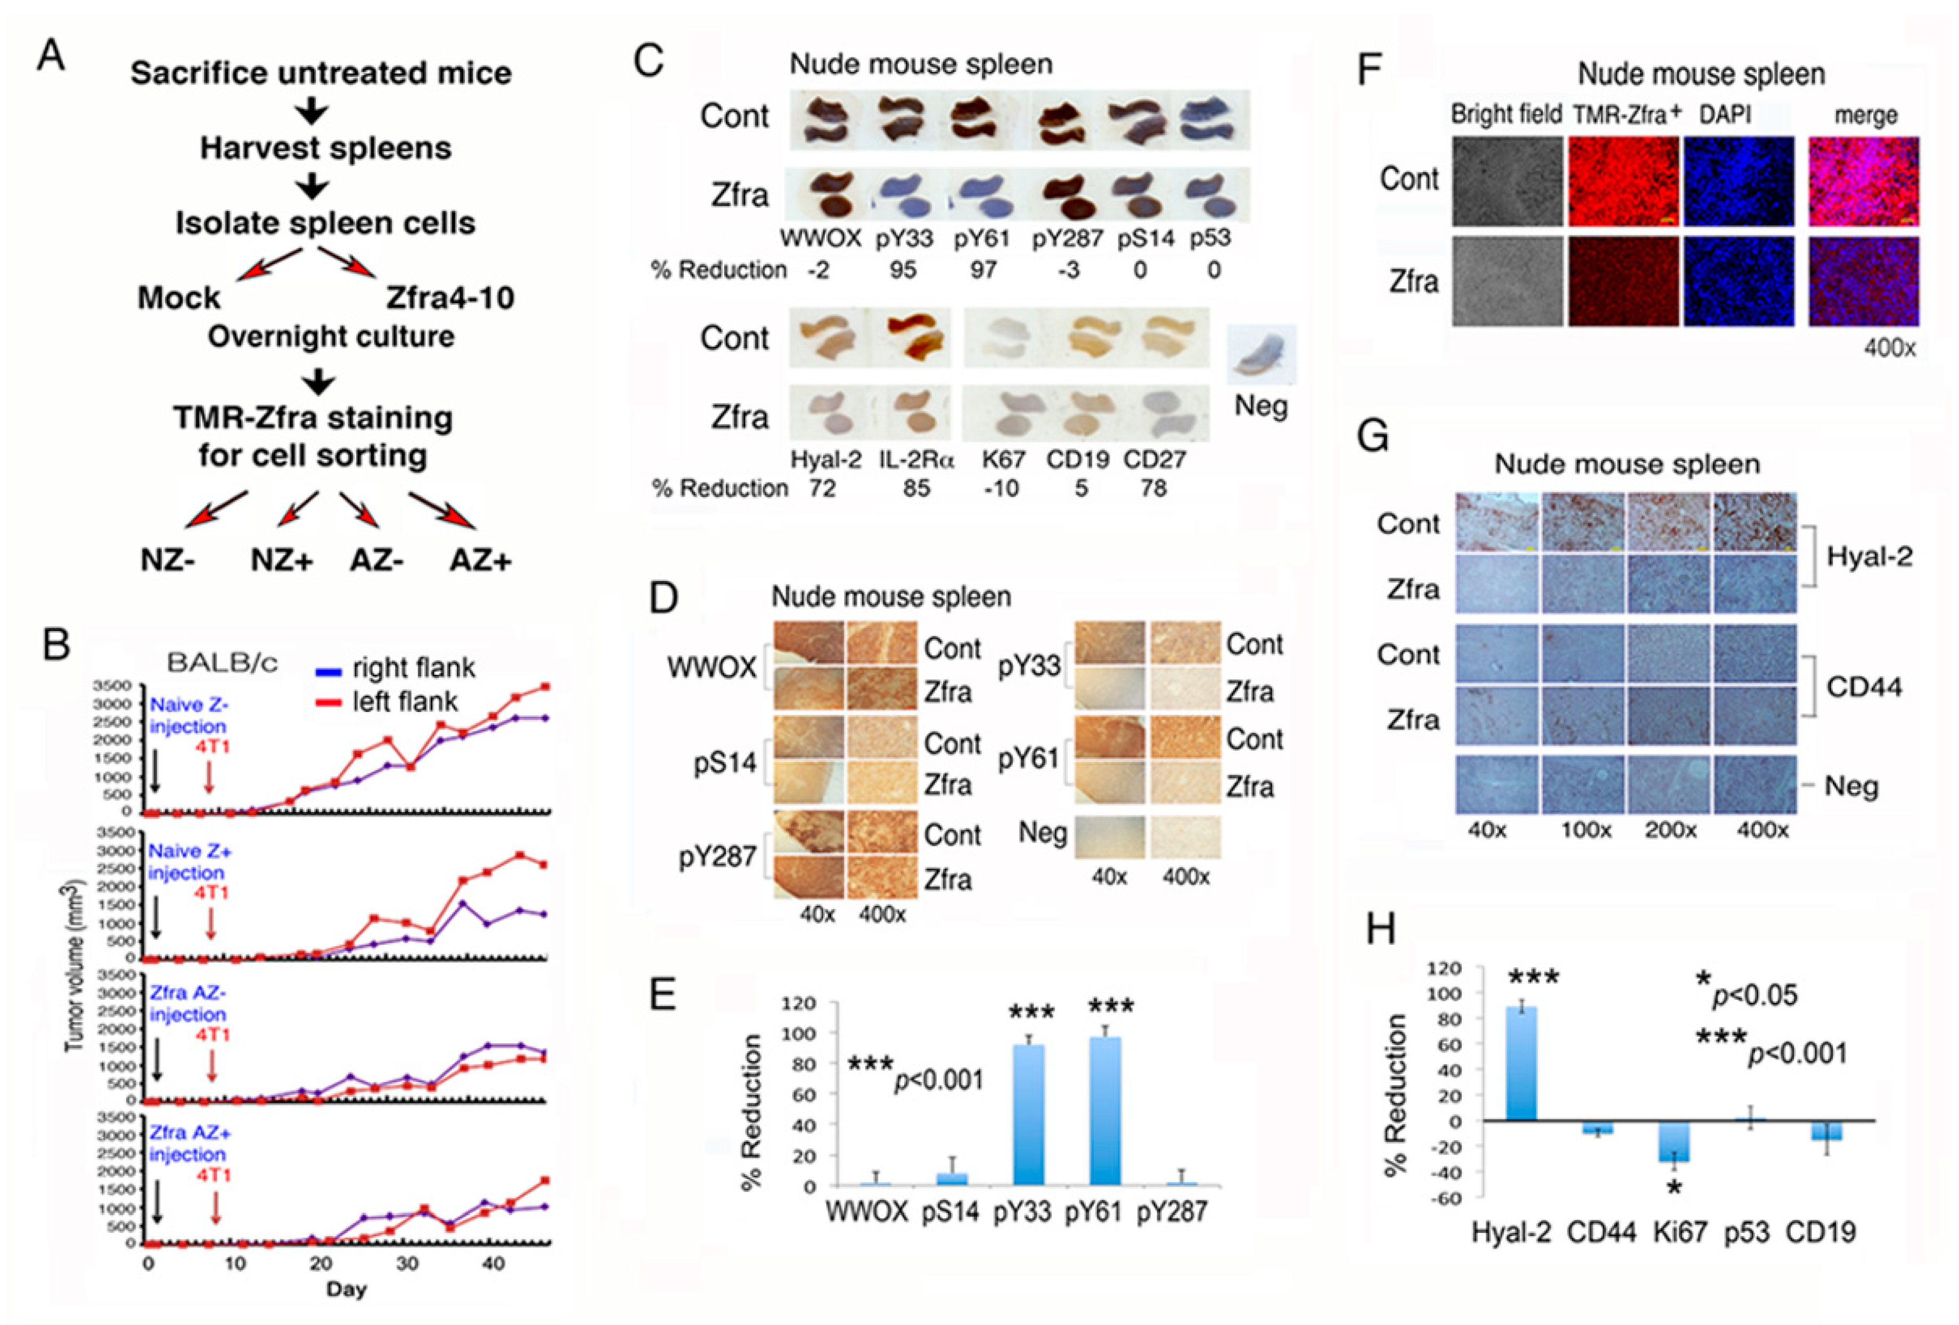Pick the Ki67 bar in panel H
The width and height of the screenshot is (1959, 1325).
pyautogui.click(x=1673, y=1142)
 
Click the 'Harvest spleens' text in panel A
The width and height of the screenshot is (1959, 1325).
pyautogui.click(x=325, y=149)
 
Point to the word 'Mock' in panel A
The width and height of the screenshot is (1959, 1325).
pyautogui.click(x=179, y=298)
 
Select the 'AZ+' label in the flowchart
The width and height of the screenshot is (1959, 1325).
pyautogui.click(x=480, y=560)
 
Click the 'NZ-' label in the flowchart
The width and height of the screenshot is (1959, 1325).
pyautogui.click(x=168, y=560)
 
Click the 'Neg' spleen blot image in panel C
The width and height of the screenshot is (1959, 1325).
pyautogui.click(x=1260, y=354)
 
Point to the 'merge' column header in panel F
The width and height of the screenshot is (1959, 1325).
pyautogui.click(x=1865, y=116)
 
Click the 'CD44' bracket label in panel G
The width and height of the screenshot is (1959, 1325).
pyautogui.click(x=1864, y=687)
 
